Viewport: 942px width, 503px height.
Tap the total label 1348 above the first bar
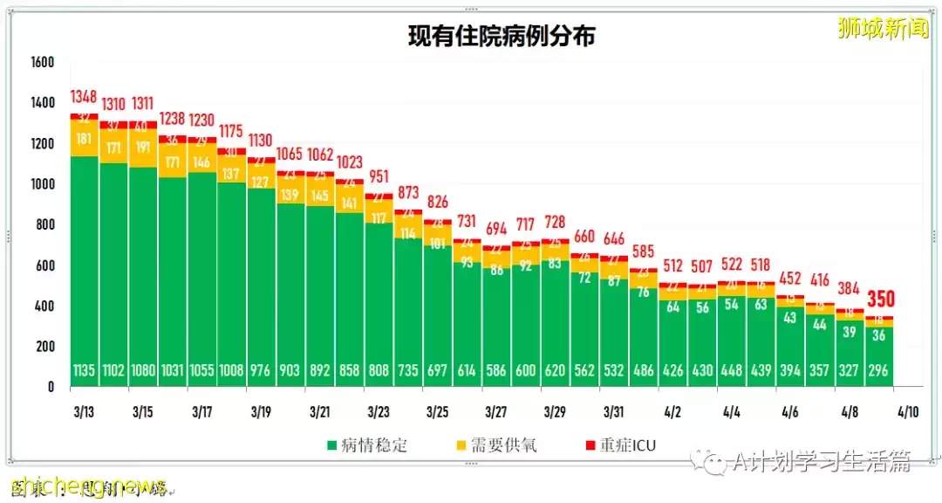point(85,95)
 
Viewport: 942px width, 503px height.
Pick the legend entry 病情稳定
point(364,445)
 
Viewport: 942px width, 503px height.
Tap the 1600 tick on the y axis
point(42,62)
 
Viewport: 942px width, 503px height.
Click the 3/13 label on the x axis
point(85,410)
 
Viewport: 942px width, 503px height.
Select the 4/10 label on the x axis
point(907,410)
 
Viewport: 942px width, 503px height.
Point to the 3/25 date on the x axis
point(437,410)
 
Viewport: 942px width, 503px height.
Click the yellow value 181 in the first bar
point(85,138)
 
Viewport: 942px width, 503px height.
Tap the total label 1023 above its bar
point(349,162)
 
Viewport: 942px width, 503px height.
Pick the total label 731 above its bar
point(467,221)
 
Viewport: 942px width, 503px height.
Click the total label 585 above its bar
point(644,251)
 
